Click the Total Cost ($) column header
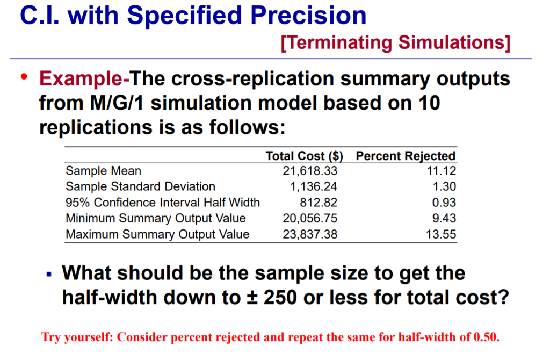click(304, 156)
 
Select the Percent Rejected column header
click(406, 156)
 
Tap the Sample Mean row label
click(104, 171)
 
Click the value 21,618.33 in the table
click(310, 171)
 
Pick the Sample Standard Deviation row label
click(140, 187)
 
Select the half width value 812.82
click(319, 203)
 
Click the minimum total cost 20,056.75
click(310, 218)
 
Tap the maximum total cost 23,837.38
click(310, 234)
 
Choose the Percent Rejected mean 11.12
click(443, 171)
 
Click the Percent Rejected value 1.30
click(446, 187)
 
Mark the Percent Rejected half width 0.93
click(446, 203)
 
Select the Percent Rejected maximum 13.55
click(443, 234)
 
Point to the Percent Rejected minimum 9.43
click(446, 218)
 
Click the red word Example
click(84, 80)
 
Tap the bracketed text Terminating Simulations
click(395, 41)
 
